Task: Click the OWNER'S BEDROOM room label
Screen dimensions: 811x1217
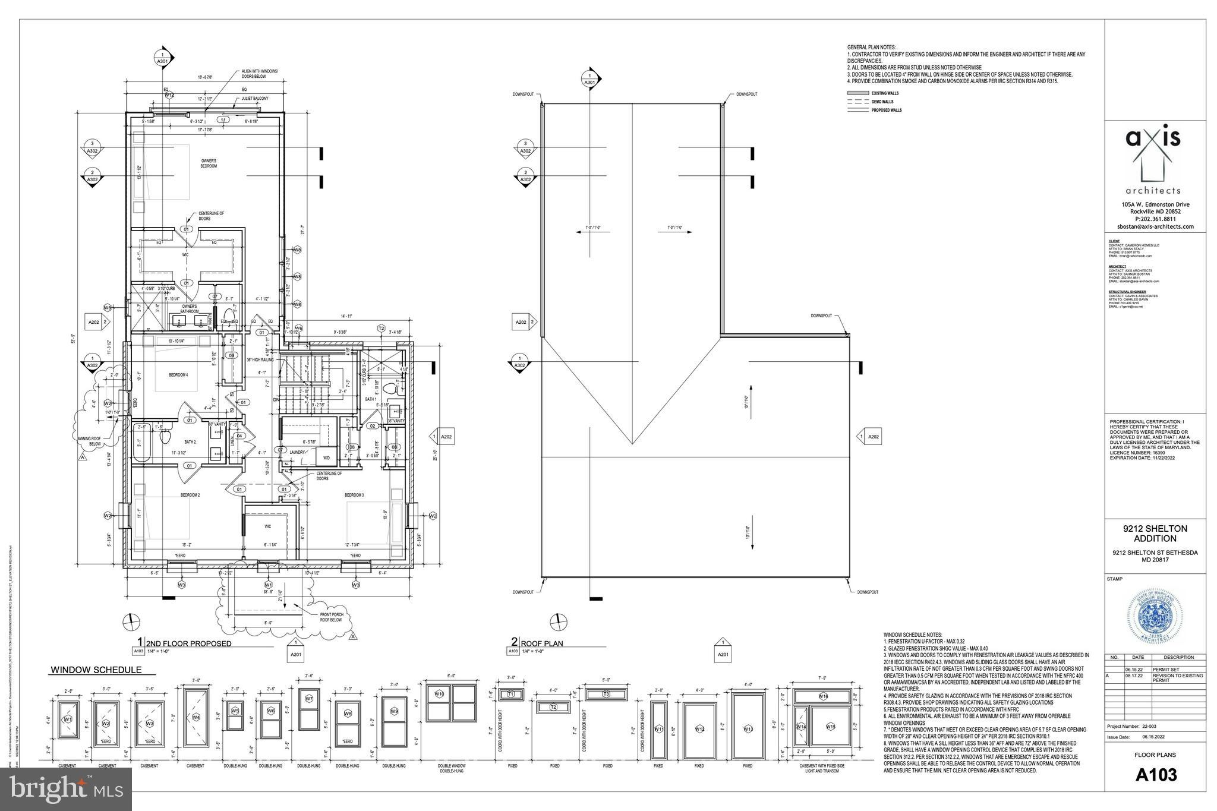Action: click(208, 163)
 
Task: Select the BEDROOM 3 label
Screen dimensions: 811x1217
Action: click(354, 495)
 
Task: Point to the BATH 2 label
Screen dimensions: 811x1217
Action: click(190, 442)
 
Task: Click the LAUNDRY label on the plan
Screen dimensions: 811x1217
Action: click(297, 452)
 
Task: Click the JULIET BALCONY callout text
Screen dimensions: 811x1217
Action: click(255, 99)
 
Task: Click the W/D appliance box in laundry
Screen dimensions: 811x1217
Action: click(326, 458)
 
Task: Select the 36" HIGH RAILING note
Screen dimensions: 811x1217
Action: click(260, 360)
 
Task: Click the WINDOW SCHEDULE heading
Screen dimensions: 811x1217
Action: click(96, 670)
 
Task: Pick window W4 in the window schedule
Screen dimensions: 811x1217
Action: click(196, 717)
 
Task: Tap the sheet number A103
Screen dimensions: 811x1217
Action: click(1156, 775)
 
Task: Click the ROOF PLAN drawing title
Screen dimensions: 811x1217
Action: click(541, 643)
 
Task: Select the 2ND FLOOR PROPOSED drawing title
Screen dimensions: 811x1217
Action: click(188, 643)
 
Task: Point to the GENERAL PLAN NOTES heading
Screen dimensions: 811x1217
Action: click(871, 47)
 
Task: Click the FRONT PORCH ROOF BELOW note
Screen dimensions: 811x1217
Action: click(332, 618)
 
